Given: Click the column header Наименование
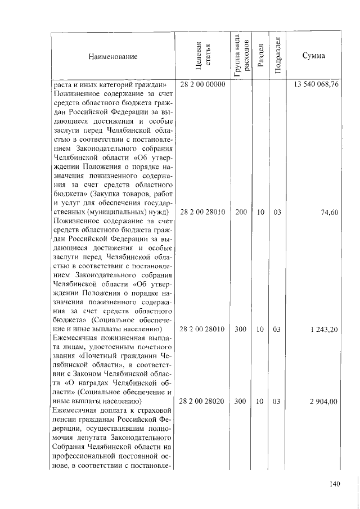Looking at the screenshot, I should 112,56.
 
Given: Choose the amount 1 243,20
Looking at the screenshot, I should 323,329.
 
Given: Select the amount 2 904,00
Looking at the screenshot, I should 323,401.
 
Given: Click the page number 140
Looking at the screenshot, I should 336,484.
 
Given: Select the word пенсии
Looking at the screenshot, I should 64,419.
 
